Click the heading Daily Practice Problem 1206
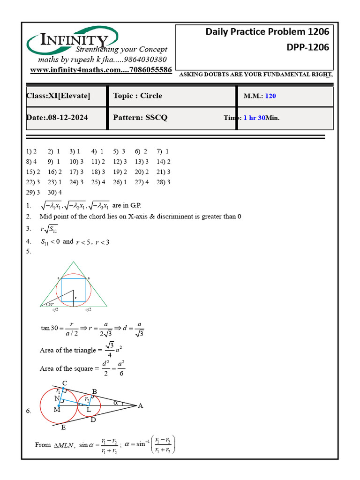[267, 32]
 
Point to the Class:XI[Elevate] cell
[59, 96]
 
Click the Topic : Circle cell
[138, 96]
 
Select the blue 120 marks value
[270, 96]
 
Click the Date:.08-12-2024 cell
[57, 118]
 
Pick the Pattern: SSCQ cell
[140, 118]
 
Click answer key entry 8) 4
[31, 162]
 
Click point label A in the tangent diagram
[140, 406]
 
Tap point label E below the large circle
[63, 427]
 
